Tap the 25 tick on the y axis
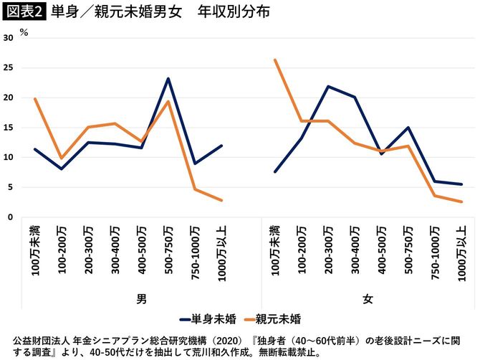coord(9,68)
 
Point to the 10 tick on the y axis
coord(9,157)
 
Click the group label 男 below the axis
coord(127,297)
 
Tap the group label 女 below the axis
coord(368,297)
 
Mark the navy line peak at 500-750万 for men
coord(168,79)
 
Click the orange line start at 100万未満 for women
coord(275,60)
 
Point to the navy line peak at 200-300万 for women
coord(328,87)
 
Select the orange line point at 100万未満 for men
coord(34,99)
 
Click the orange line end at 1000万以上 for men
coord(221,200)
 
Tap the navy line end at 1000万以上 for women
coord(462,184)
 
